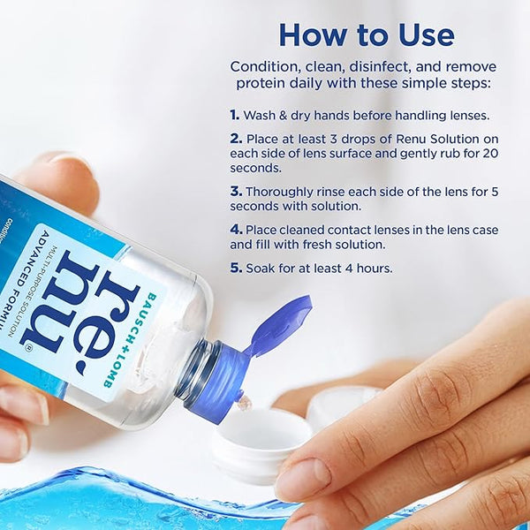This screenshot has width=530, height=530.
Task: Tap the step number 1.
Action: pyautogui.click(x=235, y=115)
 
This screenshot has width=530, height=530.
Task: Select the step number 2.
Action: pyautogui.click(x=236, y=138)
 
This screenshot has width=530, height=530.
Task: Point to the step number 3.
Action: pyautogui.click(x=236, y=191)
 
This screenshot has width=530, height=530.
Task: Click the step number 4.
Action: pyautogui.click(x=236, y=230)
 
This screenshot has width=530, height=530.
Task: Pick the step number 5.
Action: pyautogui.click(x=236, y=269)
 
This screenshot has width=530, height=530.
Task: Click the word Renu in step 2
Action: pyautogui.click(x=410, y=138)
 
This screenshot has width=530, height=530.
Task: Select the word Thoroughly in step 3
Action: pyautogui.click(x=283, y=191)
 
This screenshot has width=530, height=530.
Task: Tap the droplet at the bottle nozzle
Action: pyautogui.click(x=243, y=403)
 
